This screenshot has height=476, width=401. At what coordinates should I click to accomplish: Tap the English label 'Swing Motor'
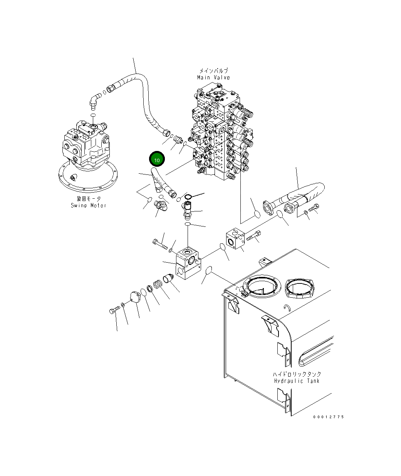click(88, 205)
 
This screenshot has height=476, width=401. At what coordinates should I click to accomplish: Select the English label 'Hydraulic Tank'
click(297, 381)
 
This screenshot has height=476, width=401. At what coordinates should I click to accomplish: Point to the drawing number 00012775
click(328, 417)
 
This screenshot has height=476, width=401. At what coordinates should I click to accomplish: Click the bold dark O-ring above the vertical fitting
click(187, 196)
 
